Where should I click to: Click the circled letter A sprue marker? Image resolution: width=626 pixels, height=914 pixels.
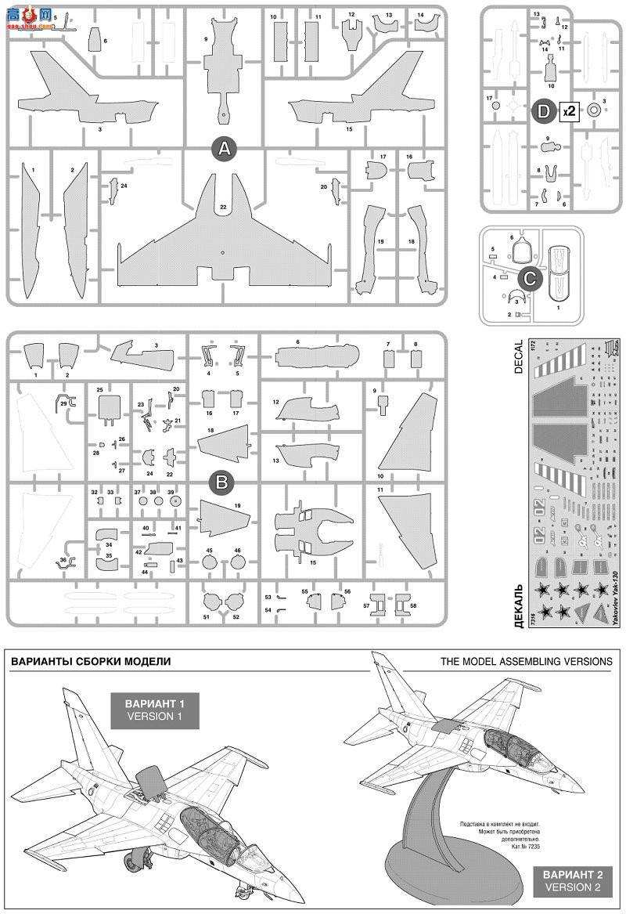pyautogui.click(x=224, y=149)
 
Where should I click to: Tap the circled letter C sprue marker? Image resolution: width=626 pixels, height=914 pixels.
pyautogui.click(x=529, y=276)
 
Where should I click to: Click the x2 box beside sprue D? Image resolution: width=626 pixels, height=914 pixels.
pyautogui.click(x=569, y=111)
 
